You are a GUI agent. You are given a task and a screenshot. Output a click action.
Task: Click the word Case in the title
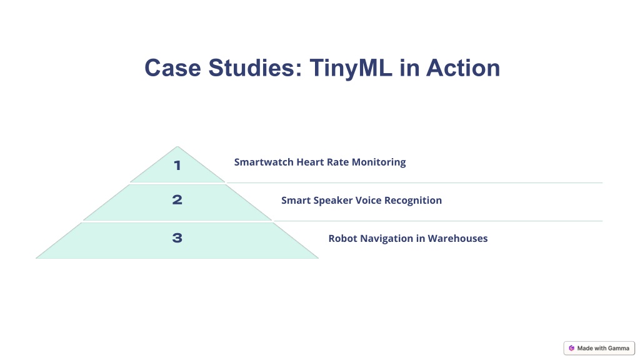(172, 67)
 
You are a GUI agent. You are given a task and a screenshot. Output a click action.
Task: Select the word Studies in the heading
(255, 67)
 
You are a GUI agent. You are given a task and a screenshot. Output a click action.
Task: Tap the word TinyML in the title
(351, 69)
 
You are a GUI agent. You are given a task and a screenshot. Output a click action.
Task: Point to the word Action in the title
(463, 67)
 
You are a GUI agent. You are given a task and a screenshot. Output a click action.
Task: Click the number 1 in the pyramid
(177, 165)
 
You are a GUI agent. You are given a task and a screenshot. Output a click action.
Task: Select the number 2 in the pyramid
(177, 199)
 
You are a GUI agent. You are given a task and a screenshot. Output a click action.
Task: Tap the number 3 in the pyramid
(177, 238)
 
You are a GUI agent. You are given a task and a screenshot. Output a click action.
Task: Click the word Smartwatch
(264, 162)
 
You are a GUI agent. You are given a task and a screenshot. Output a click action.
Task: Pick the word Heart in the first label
(310, 162)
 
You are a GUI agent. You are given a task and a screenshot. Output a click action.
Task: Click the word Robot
(342, 238)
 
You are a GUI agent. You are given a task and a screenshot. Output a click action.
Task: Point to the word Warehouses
(457, 238)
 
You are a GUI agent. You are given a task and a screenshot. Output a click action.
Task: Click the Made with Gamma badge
(599, 348)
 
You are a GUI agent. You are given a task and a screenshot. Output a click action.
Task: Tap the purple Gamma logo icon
(571, 348)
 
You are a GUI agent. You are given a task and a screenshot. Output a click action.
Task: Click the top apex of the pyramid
(177, 146)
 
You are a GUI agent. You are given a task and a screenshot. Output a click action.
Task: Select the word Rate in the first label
(337, 162)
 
